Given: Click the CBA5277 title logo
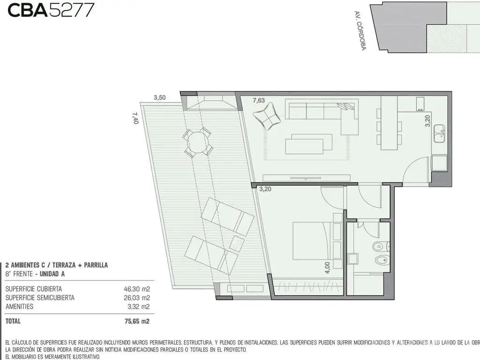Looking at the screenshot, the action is [51, 10].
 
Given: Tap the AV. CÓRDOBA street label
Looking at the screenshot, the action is [360, 30].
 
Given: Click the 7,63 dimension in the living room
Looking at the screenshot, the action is [259, 100].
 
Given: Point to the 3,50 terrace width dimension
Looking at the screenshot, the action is [159, 97].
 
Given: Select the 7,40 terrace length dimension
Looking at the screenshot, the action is [135, 118].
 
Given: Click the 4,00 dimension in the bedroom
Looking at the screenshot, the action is [327, 268].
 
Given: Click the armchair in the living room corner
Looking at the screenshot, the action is [267, 116].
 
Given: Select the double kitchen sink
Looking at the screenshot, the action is [440, 134].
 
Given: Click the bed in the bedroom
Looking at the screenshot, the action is [313, 241].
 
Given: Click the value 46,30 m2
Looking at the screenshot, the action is [137, 289].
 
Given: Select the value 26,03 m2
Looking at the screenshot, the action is [137, 298].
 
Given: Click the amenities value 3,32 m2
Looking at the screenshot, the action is [138, 307].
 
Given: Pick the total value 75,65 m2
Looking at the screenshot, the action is [137, 321].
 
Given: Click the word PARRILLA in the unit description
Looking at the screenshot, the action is [96, 265].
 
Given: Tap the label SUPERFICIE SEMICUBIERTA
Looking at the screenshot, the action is [40, 298].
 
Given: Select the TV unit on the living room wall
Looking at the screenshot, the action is [306, 178].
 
